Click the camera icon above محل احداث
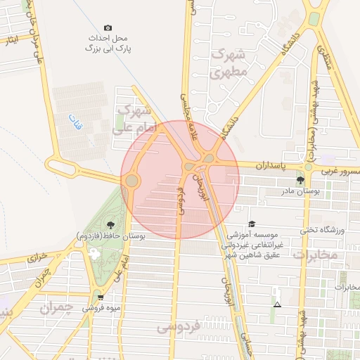pyautogui.click(x=108, y=27)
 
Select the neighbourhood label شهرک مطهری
pyautogui.click(x=229, y=63)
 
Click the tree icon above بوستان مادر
pyautogui.click(x=301, y=181)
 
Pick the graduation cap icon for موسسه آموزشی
pyautogui.click(x=252, y=224)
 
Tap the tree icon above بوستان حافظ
pyautogui.click(x=110, y=225)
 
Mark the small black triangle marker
pyautogui.click(x=278, y=304)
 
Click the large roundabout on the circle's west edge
pyautogui.click(x=131, y=181)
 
